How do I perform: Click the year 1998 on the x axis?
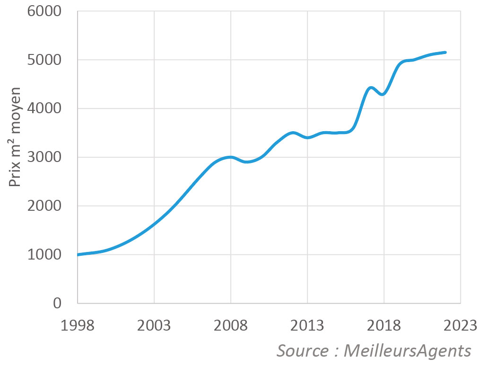tap(78, 326)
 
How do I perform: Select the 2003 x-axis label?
tap(154, 326)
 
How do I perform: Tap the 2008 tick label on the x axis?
tap(231, 326)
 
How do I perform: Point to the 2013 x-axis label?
tap(307, 326)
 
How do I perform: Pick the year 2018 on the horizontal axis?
tap(384, 326)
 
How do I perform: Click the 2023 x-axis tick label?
tap(461, 326)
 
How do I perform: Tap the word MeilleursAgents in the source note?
tap(407, 351)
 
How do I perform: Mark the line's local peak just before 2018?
tap(371, 88)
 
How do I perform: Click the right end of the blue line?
tap(446, 53)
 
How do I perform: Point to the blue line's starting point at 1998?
tap(78, 255)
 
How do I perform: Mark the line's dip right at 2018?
tap(383, 94)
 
